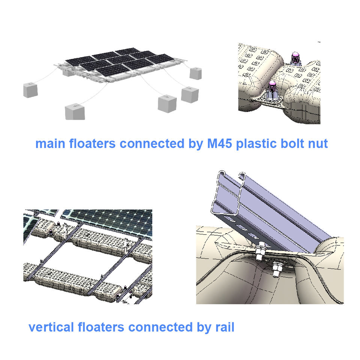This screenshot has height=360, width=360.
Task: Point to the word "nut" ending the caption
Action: pyautogui.click(x=318, y=144)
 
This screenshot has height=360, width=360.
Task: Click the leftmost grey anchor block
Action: pyautogui.click(x=30, y=90)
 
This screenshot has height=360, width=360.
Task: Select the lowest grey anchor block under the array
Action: pyautogui.click(x=75, y=112)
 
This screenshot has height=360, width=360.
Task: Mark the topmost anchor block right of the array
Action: pyautogui.click(x=195, y=73)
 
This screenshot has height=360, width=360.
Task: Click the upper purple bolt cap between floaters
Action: pyautogui.click(x=295, y=58)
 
